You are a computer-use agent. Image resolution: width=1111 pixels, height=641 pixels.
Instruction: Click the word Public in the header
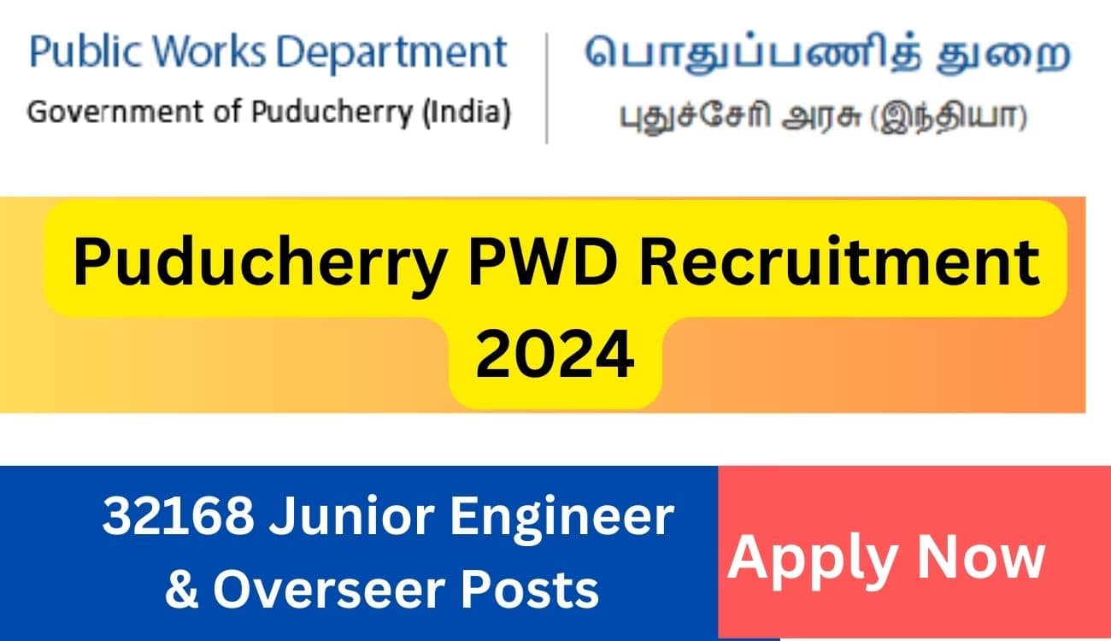[x=85, y=52]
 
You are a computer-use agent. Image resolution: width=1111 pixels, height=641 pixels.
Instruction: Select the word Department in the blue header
[x=391, y=54]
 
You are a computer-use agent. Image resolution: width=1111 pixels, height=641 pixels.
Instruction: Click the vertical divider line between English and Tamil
[x=547, y=88]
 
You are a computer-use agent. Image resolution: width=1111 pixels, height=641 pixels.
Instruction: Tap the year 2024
[x=555, y=354]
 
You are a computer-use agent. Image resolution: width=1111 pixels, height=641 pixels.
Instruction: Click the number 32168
[x=178, y=516]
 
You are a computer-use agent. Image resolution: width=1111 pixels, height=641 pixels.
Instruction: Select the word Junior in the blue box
[x=352, y=517]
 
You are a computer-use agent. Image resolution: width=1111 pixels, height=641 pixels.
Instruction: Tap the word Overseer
[x=327, y=590]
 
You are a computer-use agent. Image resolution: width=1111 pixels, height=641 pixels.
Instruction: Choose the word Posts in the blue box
[x=530, y=590]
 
